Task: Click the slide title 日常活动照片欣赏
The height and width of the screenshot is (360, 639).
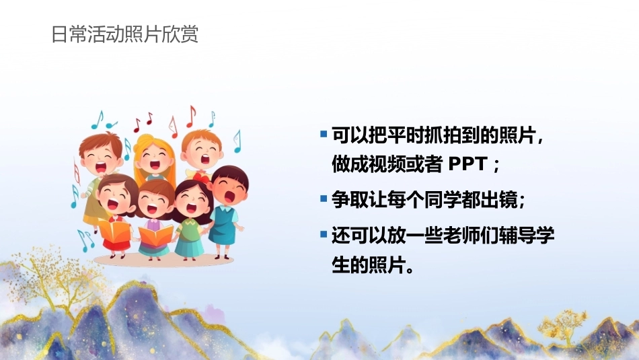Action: point(124,34)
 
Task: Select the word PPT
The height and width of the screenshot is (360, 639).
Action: point(468,164)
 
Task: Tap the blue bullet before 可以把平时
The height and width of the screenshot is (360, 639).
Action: point(324,134)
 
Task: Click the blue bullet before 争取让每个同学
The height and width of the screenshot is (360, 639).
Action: point(324,199)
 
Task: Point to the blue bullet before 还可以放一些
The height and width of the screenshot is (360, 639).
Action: point(324,234)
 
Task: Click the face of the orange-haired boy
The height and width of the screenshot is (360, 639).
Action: point(202,153)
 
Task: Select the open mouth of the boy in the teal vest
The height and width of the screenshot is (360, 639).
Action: point(230,196)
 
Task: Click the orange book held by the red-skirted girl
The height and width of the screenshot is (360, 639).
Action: point(114,231)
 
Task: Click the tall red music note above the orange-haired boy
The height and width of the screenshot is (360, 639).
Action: point(191,116)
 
